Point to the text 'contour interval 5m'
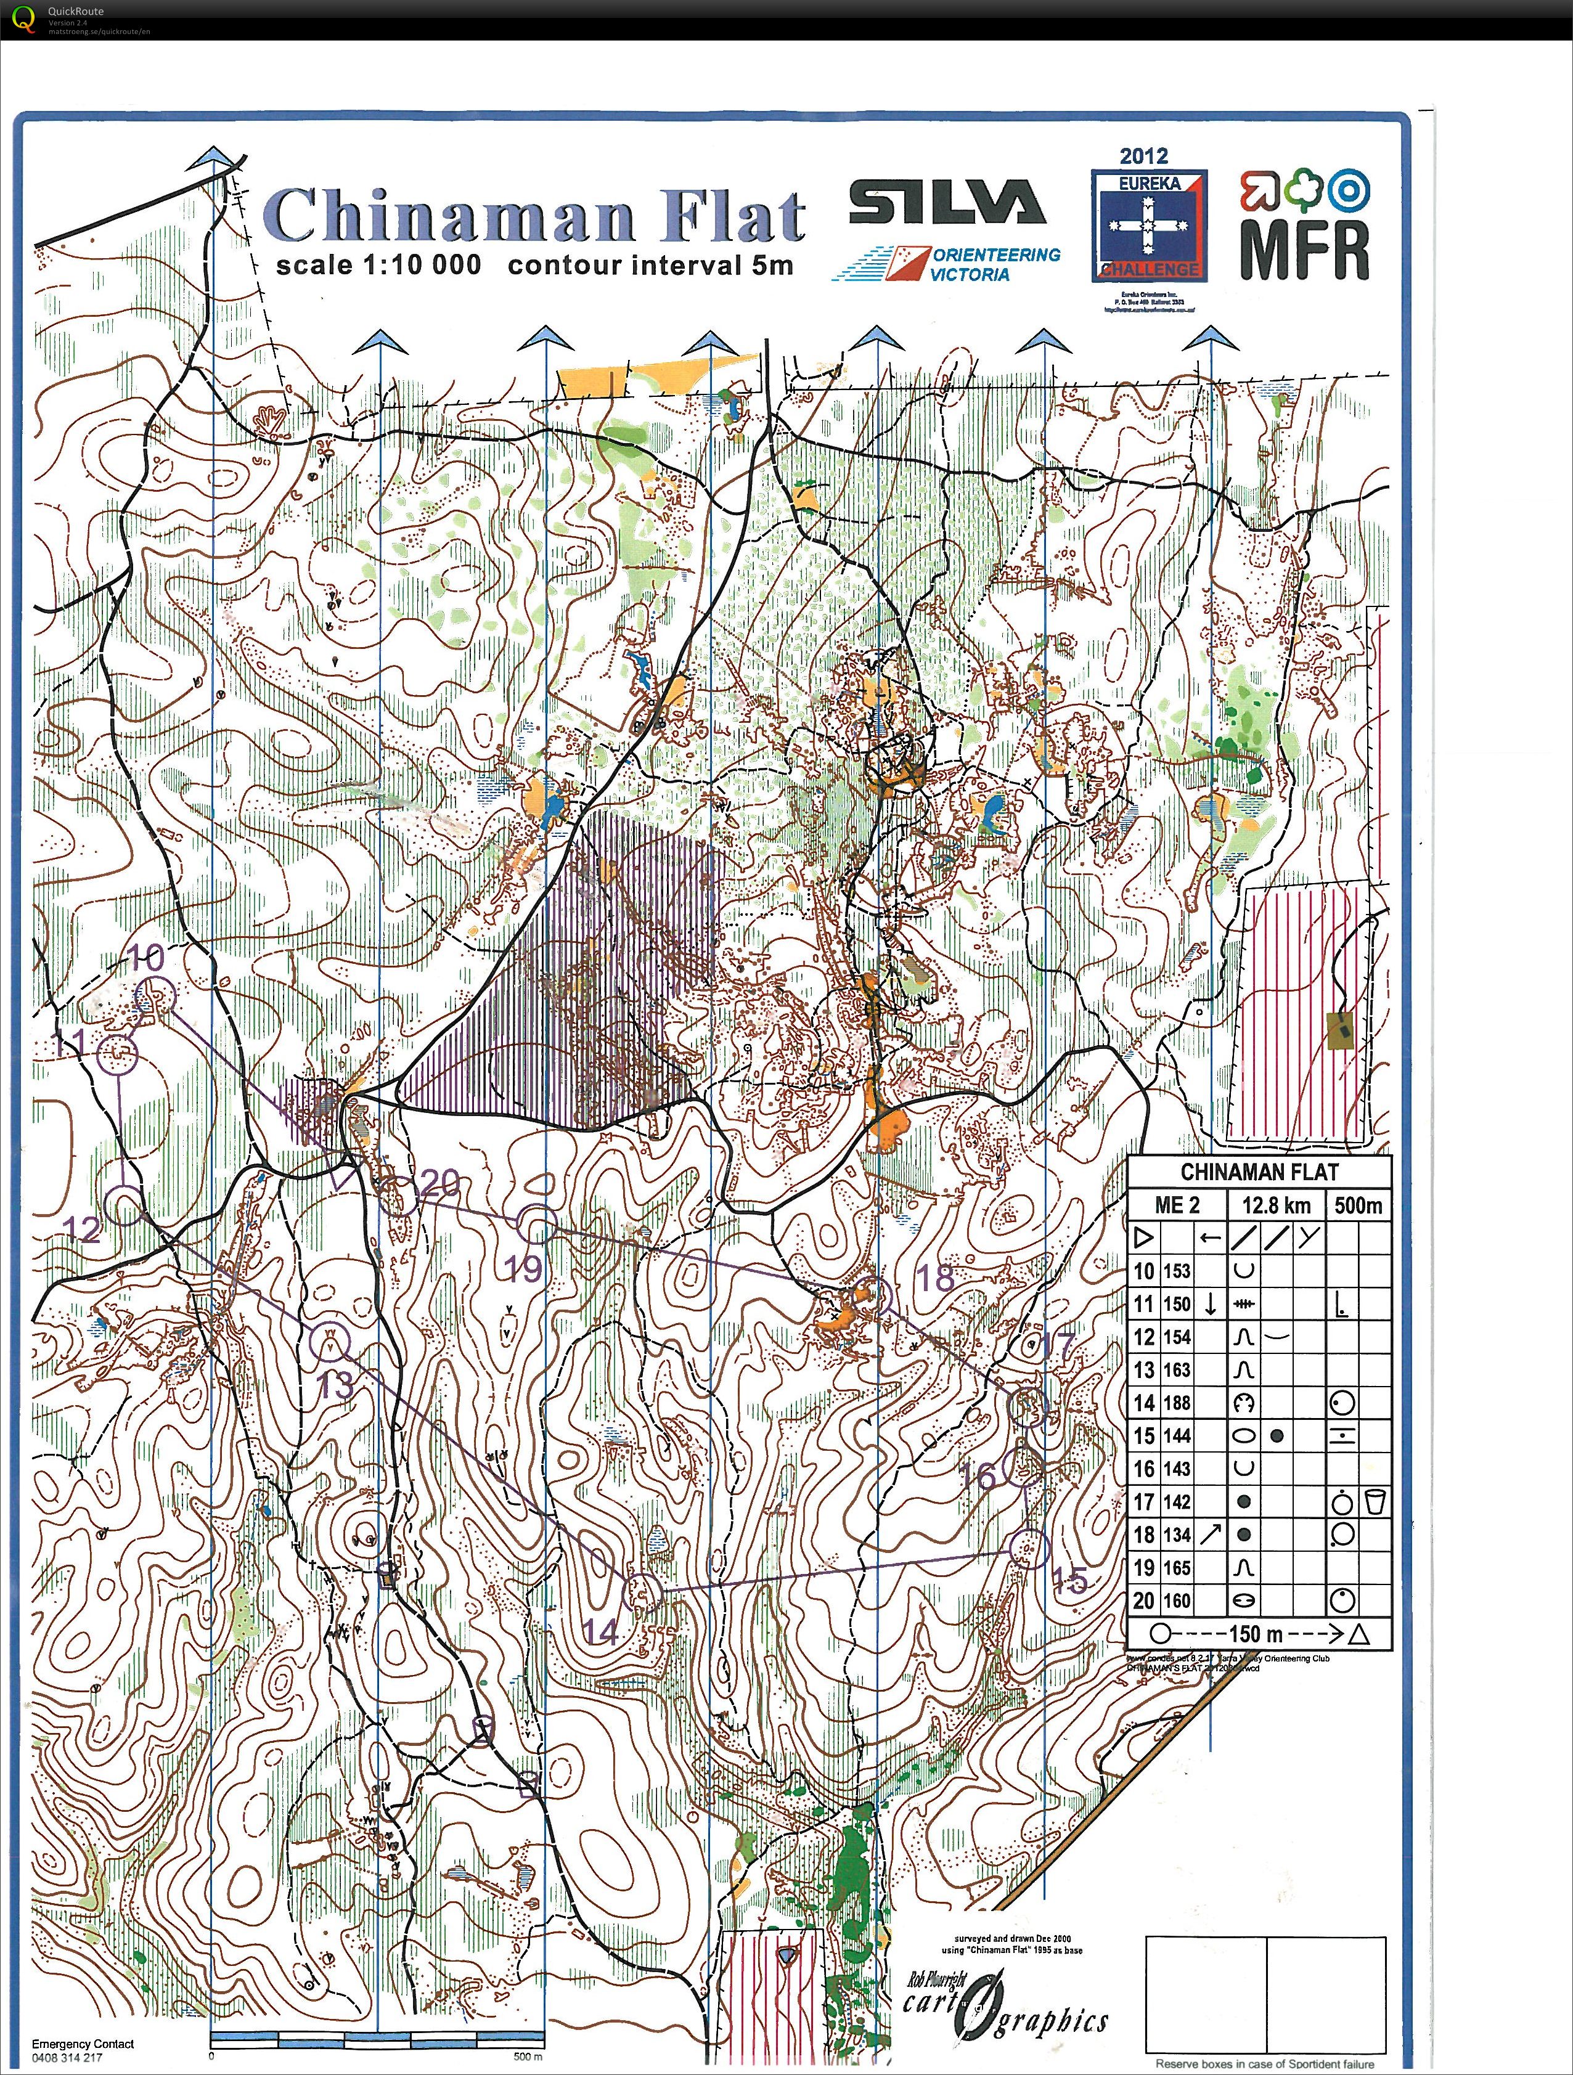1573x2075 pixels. (650, 266)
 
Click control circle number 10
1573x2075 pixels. (156, 995)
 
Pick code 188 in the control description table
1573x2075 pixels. (1175, 1403)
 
